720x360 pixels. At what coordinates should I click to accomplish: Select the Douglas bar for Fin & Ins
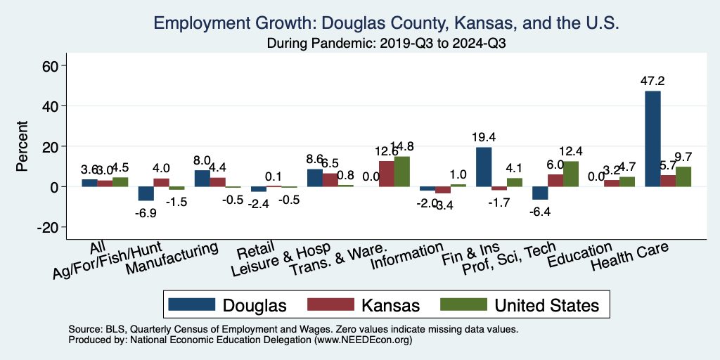pyautogui.click(x=484, y=167)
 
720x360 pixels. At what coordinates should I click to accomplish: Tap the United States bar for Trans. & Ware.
pyautogui.click(x=401, y=172)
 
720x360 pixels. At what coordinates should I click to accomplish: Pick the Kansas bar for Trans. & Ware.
pyautogui.click(x=386, y=174)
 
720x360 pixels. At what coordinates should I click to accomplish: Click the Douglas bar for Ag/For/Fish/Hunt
pyautogui.click(x=146, y=193)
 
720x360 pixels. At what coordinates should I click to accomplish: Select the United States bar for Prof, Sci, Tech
pyautogui.click(x=570, y=174)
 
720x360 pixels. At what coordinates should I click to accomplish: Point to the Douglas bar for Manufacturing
pyautogui.click(x=202, y=179)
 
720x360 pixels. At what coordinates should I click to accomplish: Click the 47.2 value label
pyautogui.click(x=652, y=82)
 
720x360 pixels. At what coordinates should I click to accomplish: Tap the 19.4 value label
pyautogui.click(x=484, y=138)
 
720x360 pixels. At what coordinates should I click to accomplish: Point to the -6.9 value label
pyautogui.click(x=146, y=211)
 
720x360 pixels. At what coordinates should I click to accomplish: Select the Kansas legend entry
pyautogui.click(x=364, y=305)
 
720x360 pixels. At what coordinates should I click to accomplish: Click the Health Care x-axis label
pyautogui.click(x=629, y=257)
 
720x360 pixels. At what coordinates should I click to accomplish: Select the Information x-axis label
pyautogui.click(x=406, y=257)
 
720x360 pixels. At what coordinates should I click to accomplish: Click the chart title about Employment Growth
pyautogui.click(x=386, y=22)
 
